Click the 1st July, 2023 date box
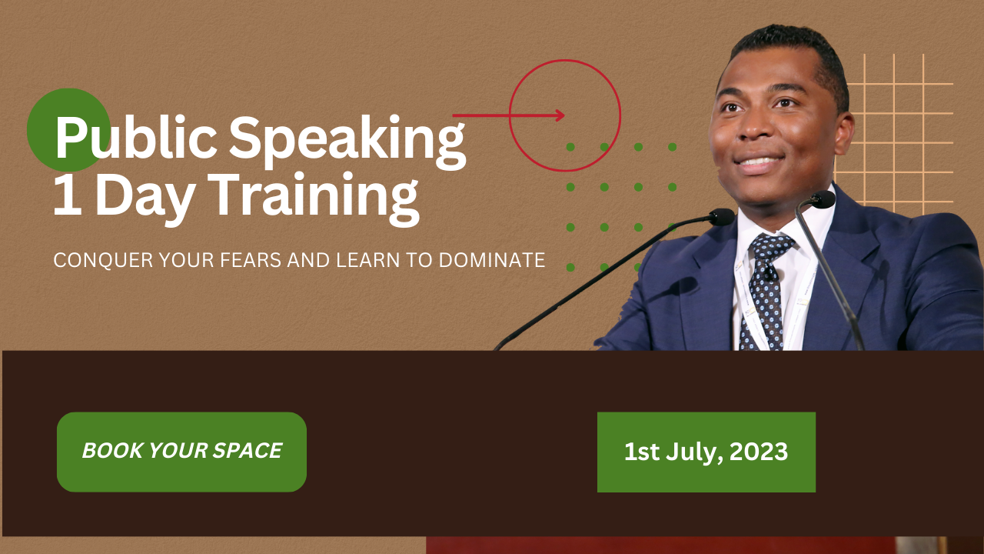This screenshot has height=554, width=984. click(x=706, y=452)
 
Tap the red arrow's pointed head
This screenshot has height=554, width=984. click(x=560, y=115)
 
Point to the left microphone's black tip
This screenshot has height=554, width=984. click(x=721, y=217)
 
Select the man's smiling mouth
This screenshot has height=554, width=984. click(x=758, y=163)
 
